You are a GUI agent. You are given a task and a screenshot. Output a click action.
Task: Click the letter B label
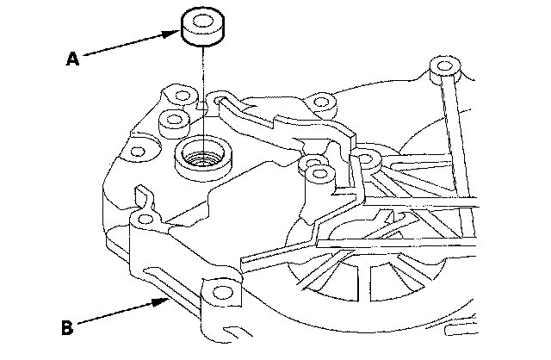point(66,326)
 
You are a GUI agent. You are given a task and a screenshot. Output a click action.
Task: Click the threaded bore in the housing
point(203,158)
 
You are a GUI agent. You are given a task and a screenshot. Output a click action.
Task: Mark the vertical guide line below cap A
point(203,95)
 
